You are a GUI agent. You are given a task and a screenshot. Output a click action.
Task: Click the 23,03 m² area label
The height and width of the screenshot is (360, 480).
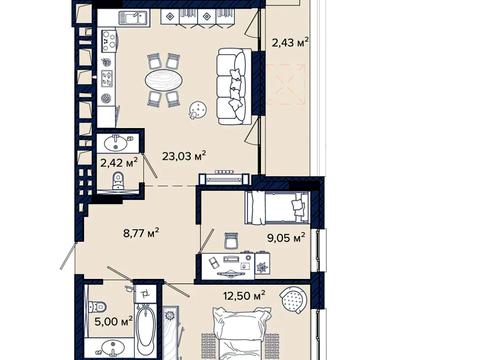pos(184,155)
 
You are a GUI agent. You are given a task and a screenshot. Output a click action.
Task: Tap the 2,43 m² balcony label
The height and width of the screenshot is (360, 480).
pos(290,42)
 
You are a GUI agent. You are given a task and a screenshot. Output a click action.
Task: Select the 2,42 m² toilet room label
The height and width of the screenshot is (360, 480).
pos(119,163)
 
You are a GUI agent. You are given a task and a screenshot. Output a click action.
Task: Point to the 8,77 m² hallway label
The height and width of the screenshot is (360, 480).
pos(141,233)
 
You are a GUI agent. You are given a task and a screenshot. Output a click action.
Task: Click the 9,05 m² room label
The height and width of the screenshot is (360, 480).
pos(286,238)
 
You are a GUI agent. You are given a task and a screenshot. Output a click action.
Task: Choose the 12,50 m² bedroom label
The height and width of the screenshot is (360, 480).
pos(244,295)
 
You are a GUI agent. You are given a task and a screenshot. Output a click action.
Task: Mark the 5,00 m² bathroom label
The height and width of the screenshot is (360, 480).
pos(114,321)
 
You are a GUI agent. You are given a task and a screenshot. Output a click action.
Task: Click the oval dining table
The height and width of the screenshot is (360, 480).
pos(164,80)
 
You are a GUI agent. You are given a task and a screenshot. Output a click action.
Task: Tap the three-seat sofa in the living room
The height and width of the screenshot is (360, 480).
pos(234,86)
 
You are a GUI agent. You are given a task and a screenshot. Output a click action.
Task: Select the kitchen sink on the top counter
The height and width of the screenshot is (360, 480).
pos(133,17)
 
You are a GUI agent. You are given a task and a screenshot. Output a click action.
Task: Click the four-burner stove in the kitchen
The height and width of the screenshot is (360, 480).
pos(109,41)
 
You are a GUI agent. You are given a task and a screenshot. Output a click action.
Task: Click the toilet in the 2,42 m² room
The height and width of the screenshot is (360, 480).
pos(117,182)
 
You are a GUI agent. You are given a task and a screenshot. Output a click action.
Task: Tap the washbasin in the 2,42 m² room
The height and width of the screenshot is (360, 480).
pos(116,144)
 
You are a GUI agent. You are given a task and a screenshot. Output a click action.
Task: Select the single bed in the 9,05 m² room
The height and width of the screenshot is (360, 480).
pos(277,208)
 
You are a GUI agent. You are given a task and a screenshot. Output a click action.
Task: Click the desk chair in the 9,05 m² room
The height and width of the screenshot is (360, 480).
pos(232,240)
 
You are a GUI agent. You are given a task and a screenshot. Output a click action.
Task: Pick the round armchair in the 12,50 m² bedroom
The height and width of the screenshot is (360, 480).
pos(293,300)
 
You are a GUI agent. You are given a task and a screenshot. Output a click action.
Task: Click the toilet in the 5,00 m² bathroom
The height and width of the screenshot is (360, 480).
pos(97,307)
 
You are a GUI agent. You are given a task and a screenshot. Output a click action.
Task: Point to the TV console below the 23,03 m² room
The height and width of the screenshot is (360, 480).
pos(224,179)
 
